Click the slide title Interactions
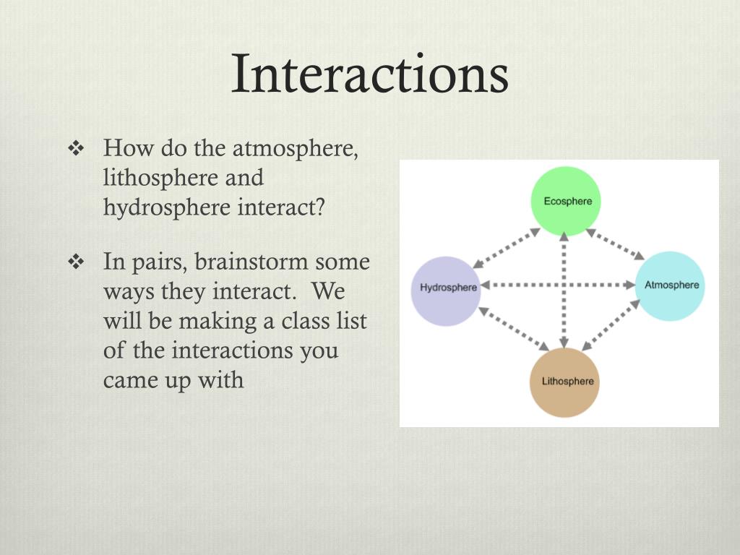click(x=369, y=74)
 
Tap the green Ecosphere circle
click(x=567, y=200)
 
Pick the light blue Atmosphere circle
click(x=671, y=285)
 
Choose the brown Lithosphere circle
click(x=567, y=381)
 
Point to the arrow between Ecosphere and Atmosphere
click(x=616, y=244)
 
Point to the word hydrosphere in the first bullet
click(x=166, y=207)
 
